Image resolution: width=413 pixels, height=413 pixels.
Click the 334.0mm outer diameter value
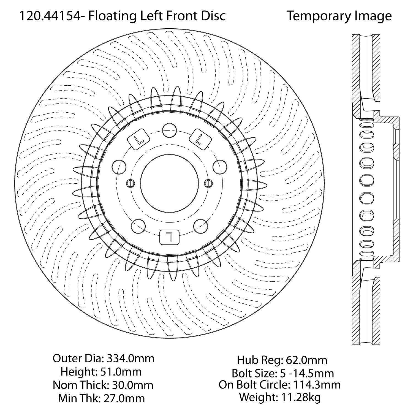click(x=131, y=358)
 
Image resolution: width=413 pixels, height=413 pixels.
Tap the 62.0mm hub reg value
click(x=306, y=360)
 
